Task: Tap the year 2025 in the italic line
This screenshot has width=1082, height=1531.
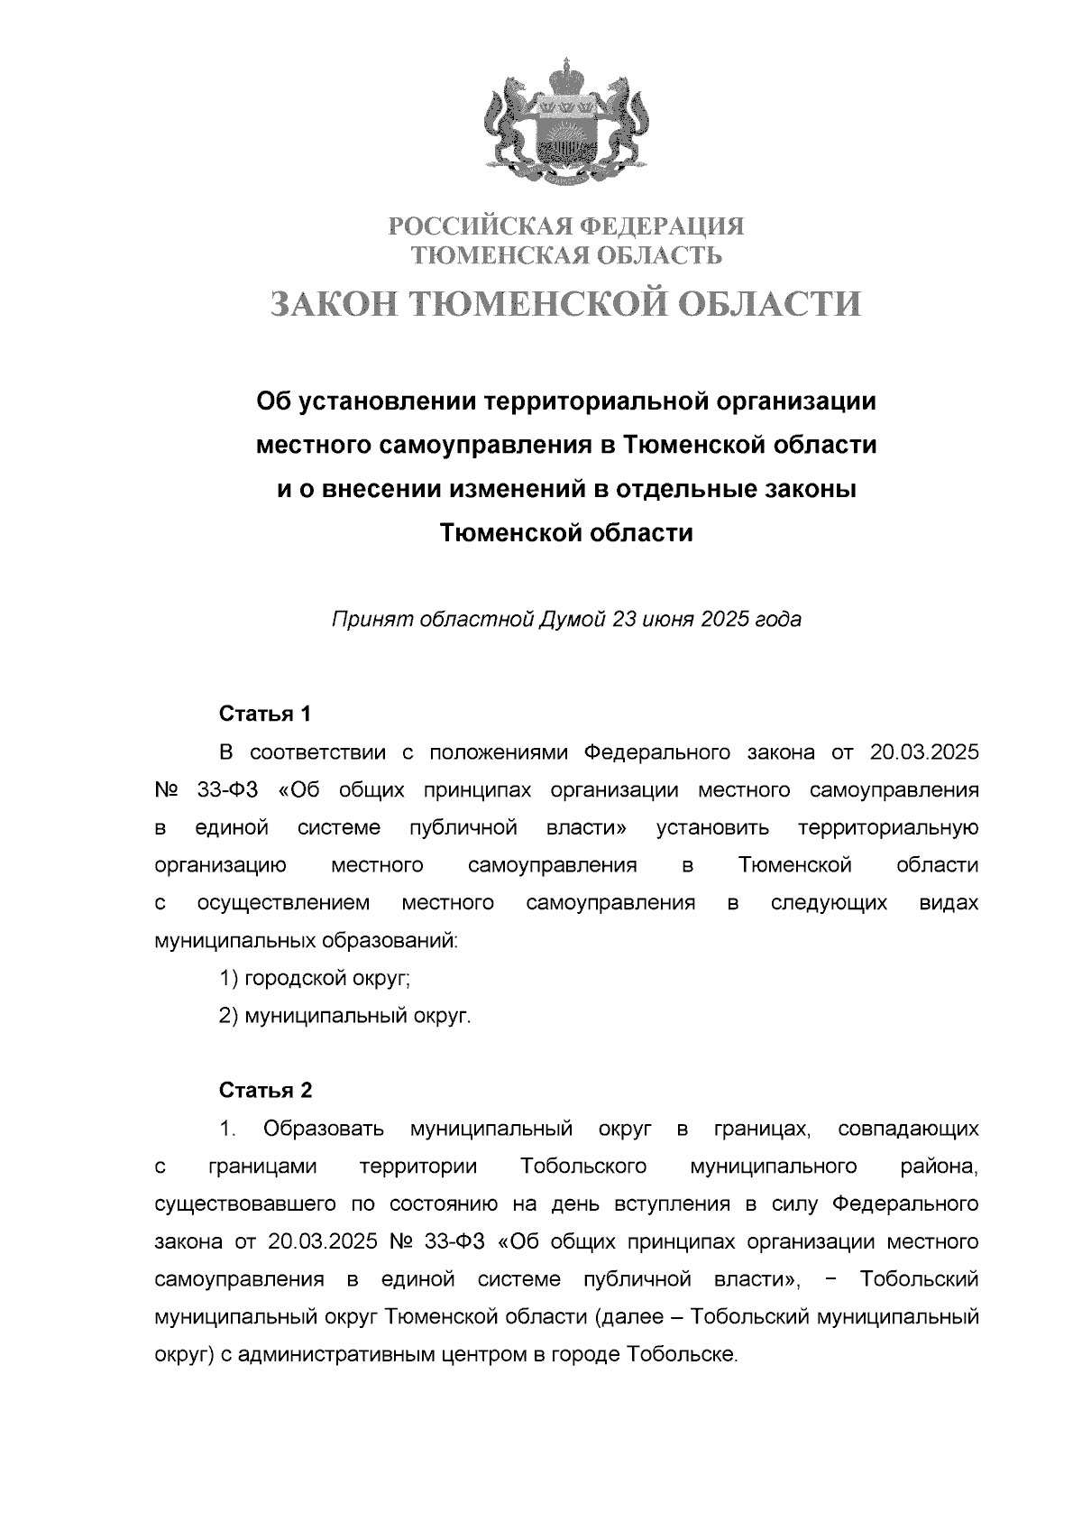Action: click(724, 620)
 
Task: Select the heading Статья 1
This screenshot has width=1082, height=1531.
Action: click(265, 715)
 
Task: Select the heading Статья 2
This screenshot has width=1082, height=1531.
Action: click(266, 1091)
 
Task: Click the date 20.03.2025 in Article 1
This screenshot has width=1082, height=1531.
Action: click(924, 753)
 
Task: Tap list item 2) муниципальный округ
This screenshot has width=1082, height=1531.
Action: click(346, 1017)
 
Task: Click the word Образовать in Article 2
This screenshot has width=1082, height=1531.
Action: click(325, 1130)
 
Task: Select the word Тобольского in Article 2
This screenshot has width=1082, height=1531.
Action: click(583, 1167)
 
